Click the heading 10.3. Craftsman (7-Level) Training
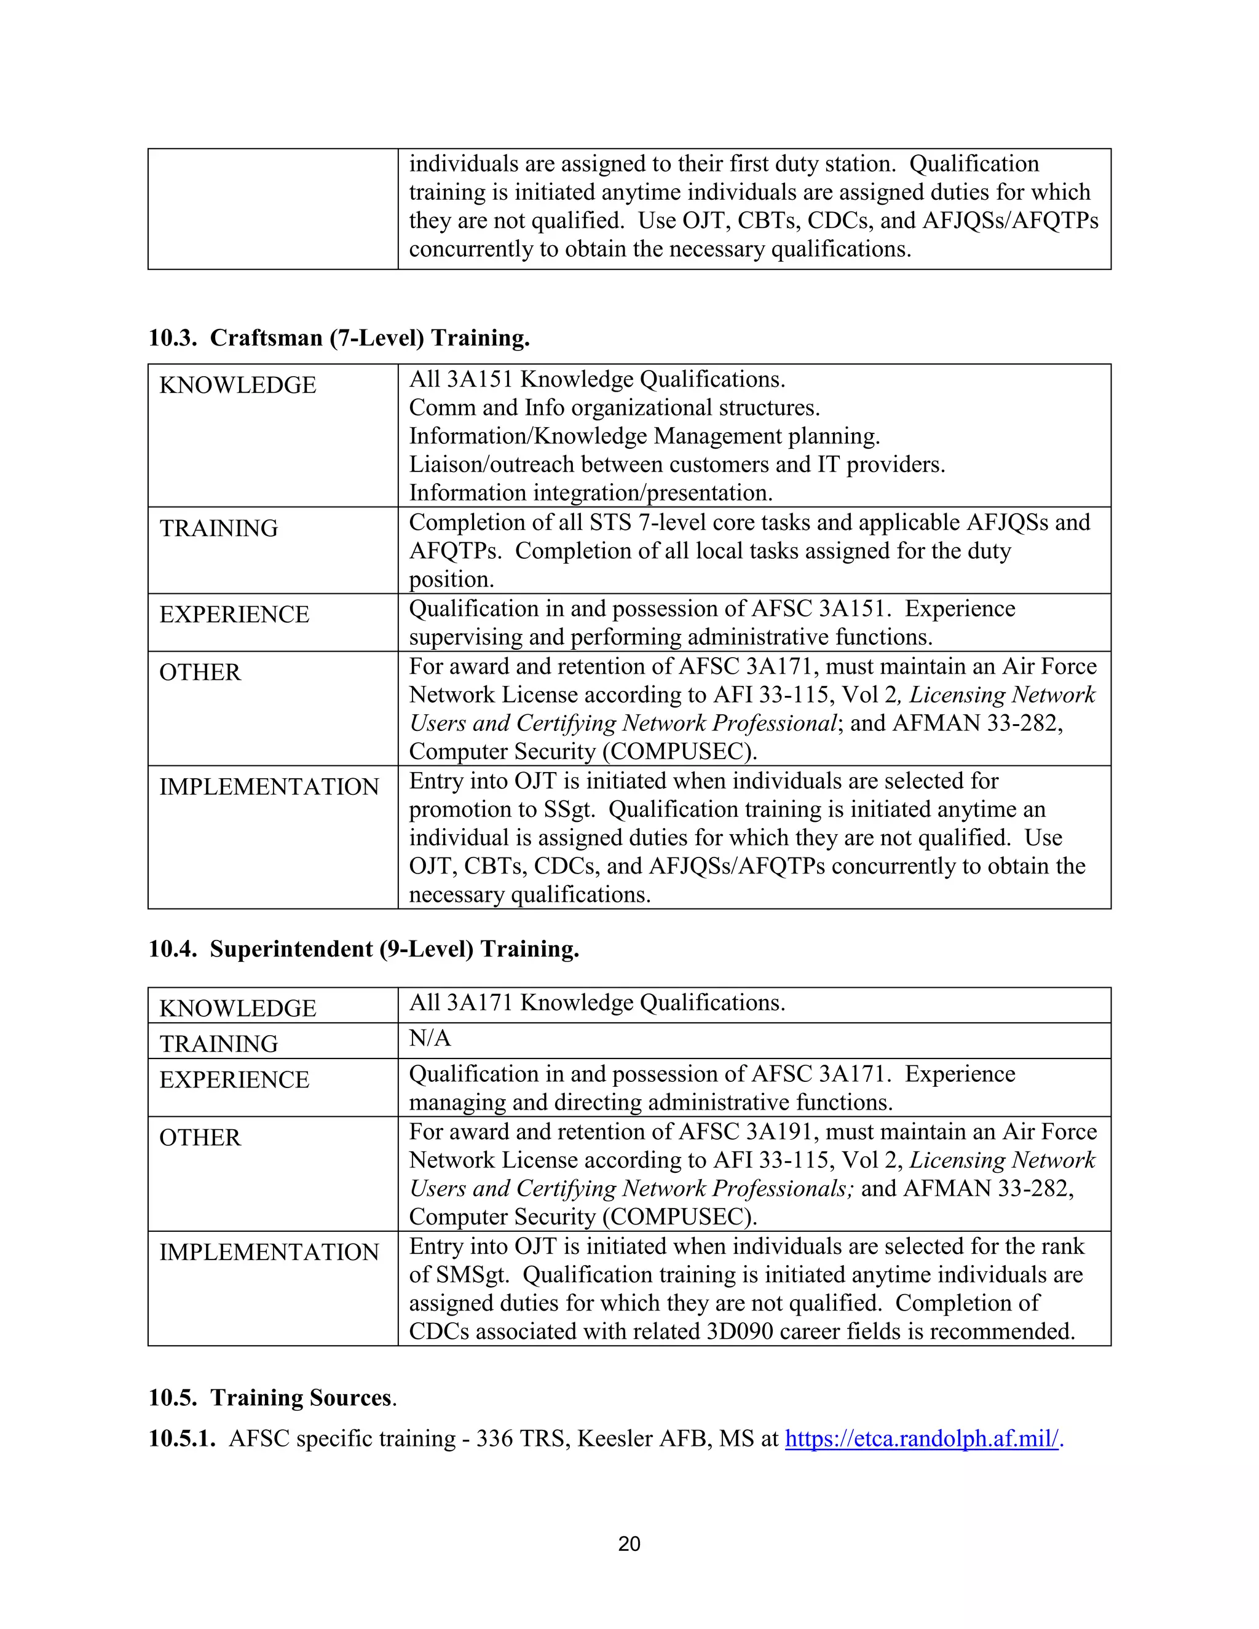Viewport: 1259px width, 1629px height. click(x=339, y=338)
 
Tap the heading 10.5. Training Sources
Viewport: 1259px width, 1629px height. click(x=272, y=1398)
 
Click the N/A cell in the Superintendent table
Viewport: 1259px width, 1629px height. click(x=430, y=1038)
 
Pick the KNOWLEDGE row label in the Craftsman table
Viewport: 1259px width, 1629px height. click(x=237, y=385)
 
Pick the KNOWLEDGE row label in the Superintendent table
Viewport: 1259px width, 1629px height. click(x=237, y=1008)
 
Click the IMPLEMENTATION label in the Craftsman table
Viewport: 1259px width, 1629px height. click(x=269, y=787)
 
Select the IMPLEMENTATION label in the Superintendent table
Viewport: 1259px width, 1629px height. click(x=269, y=1252)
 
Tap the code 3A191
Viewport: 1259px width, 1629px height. click(x=777, y=1132)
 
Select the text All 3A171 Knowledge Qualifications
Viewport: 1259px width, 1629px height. click(x=597, y=1003)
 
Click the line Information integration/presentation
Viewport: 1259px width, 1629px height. click(x=591, y=493)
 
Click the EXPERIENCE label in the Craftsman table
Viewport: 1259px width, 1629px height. click(x=234, y=615)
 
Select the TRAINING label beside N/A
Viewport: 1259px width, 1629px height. click(x=218, y=1044)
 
